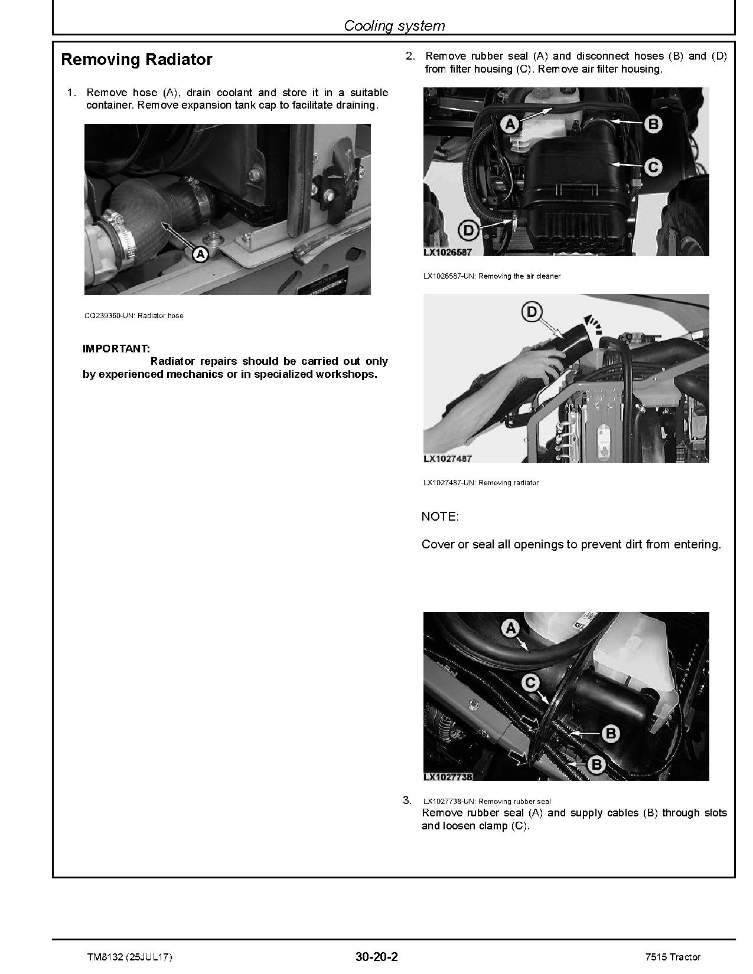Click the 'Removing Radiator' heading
pyautogui.click(x=136, y=60)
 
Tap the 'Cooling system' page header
pyautogui.click(x=394, y=26)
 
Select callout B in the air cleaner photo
pyautogui.click(x=653, y=124)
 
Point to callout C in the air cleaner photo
pyautogui.click(x=653, y=167)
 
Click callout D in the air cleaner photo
pyautogui.click(x=468, y=230)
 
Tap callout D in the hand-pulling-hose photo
pyautogui.click(x=532, y=311)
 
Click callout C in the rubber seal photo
pyautogui.click(x=530, y=684)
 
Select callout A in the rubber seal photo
pyautogui.click(x=510, y=629)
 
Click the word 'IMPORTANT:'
pyautogui.click(x=116, y=349)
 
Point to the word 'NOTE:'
pyautogui.click(x=440, y=517)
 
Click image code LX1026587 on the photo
pyautogui.click(x=448, y=253)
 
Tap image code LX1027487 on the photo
pyautogui.click(x=448, y=459)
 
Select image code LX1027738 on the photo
pyautogui.click(x=448, y=777)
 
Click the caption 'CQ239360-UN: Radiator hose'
pyautogui.click(x=134, y=316)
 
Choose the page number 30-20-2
pyautogui.click(x=377, y=957)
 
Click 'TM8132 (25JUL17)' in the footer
pyautogui.click(x=129, y=957)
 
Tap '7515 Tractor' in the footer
pyautogui.click(x=673, y=957)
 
